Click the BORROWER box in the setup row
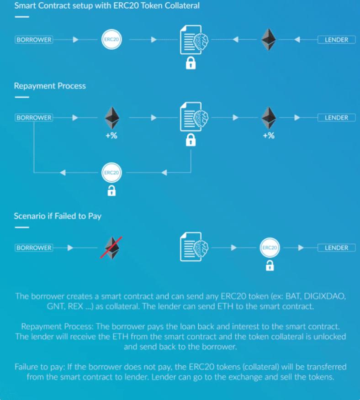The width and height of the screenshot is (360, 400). [34, 40]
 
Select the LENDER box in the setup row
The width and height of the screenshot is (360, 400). [336, 40]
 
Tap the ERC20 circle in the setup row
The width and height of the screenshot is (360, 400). [111, 40]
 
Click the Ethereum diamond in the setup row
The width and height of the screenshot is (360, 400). [269, 40]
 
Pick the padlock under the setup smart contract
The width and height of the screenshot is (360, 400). [191, 63]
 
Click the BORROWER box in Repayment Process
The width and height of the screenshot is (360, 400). [34, 117]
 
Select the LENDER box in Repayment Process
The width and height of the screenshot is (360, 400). [336, 117]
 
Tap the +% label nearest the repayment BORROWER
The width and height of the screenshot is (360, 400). [111, 136]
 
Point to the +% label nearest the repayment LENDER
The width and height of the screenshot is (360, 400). [269, 136]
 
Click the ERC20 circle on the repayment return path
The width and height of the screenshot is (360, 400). [111, 173]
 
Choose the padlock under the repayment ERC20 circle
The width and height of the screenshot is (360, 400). [111, 190]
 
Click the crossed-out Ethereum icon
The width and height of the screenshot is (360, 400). [111, 248]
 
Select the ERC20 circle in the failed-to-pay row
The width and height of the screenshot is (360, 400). [269, 248]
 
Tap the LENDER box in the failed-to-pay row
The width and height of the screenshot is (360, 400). [336, 248]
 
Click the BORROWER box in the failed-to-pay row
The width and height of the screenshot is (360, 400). [34, 248]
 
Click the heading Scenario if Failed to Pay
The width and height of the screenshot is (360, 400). [58, 216]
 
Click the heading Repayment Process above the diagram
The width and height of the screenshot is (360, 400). [50, 85]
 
